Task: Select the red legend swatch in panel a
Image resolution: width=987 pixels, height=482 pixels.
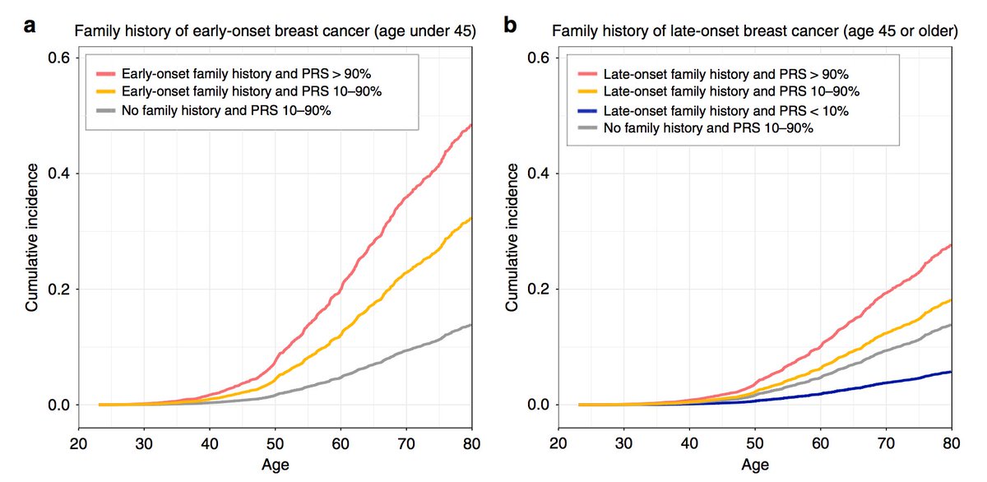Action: point(105,72)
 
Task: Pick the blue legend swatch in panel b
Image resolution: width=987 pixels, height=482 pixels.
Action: point(586,111)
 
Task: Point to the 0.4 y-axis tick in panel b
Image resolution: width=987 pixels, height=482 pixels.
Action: point(542,174)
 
